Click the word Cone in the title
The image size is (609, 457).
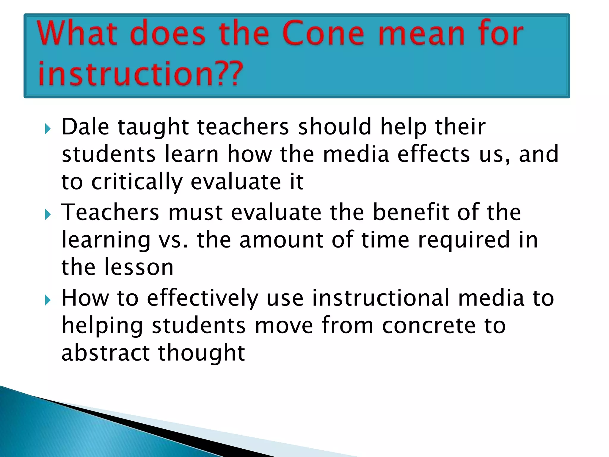pos(323,33)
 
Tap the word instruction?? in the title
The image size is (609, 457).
pos(140,73)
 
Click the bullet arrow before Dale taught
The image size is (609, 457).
pos(48,129)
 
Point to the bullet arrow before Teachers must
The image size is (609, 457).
pos(48,215)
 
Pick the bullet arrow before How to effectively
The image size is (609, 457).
pos(48,300)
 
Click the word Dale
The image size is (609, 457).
pos(85,127)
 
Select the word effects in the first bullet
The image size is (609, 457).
pos(434,154)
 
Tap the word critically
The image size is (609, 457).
pos(137,182)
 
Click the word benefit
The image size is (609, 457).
pos(411,212)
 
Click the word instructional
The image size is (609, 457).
pos(381,298)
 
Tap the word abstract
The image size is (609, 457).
pos(105,353)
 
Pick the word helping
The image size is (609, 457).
pos(102,326)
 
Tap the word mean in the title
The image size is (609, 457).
pos(422,33)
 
